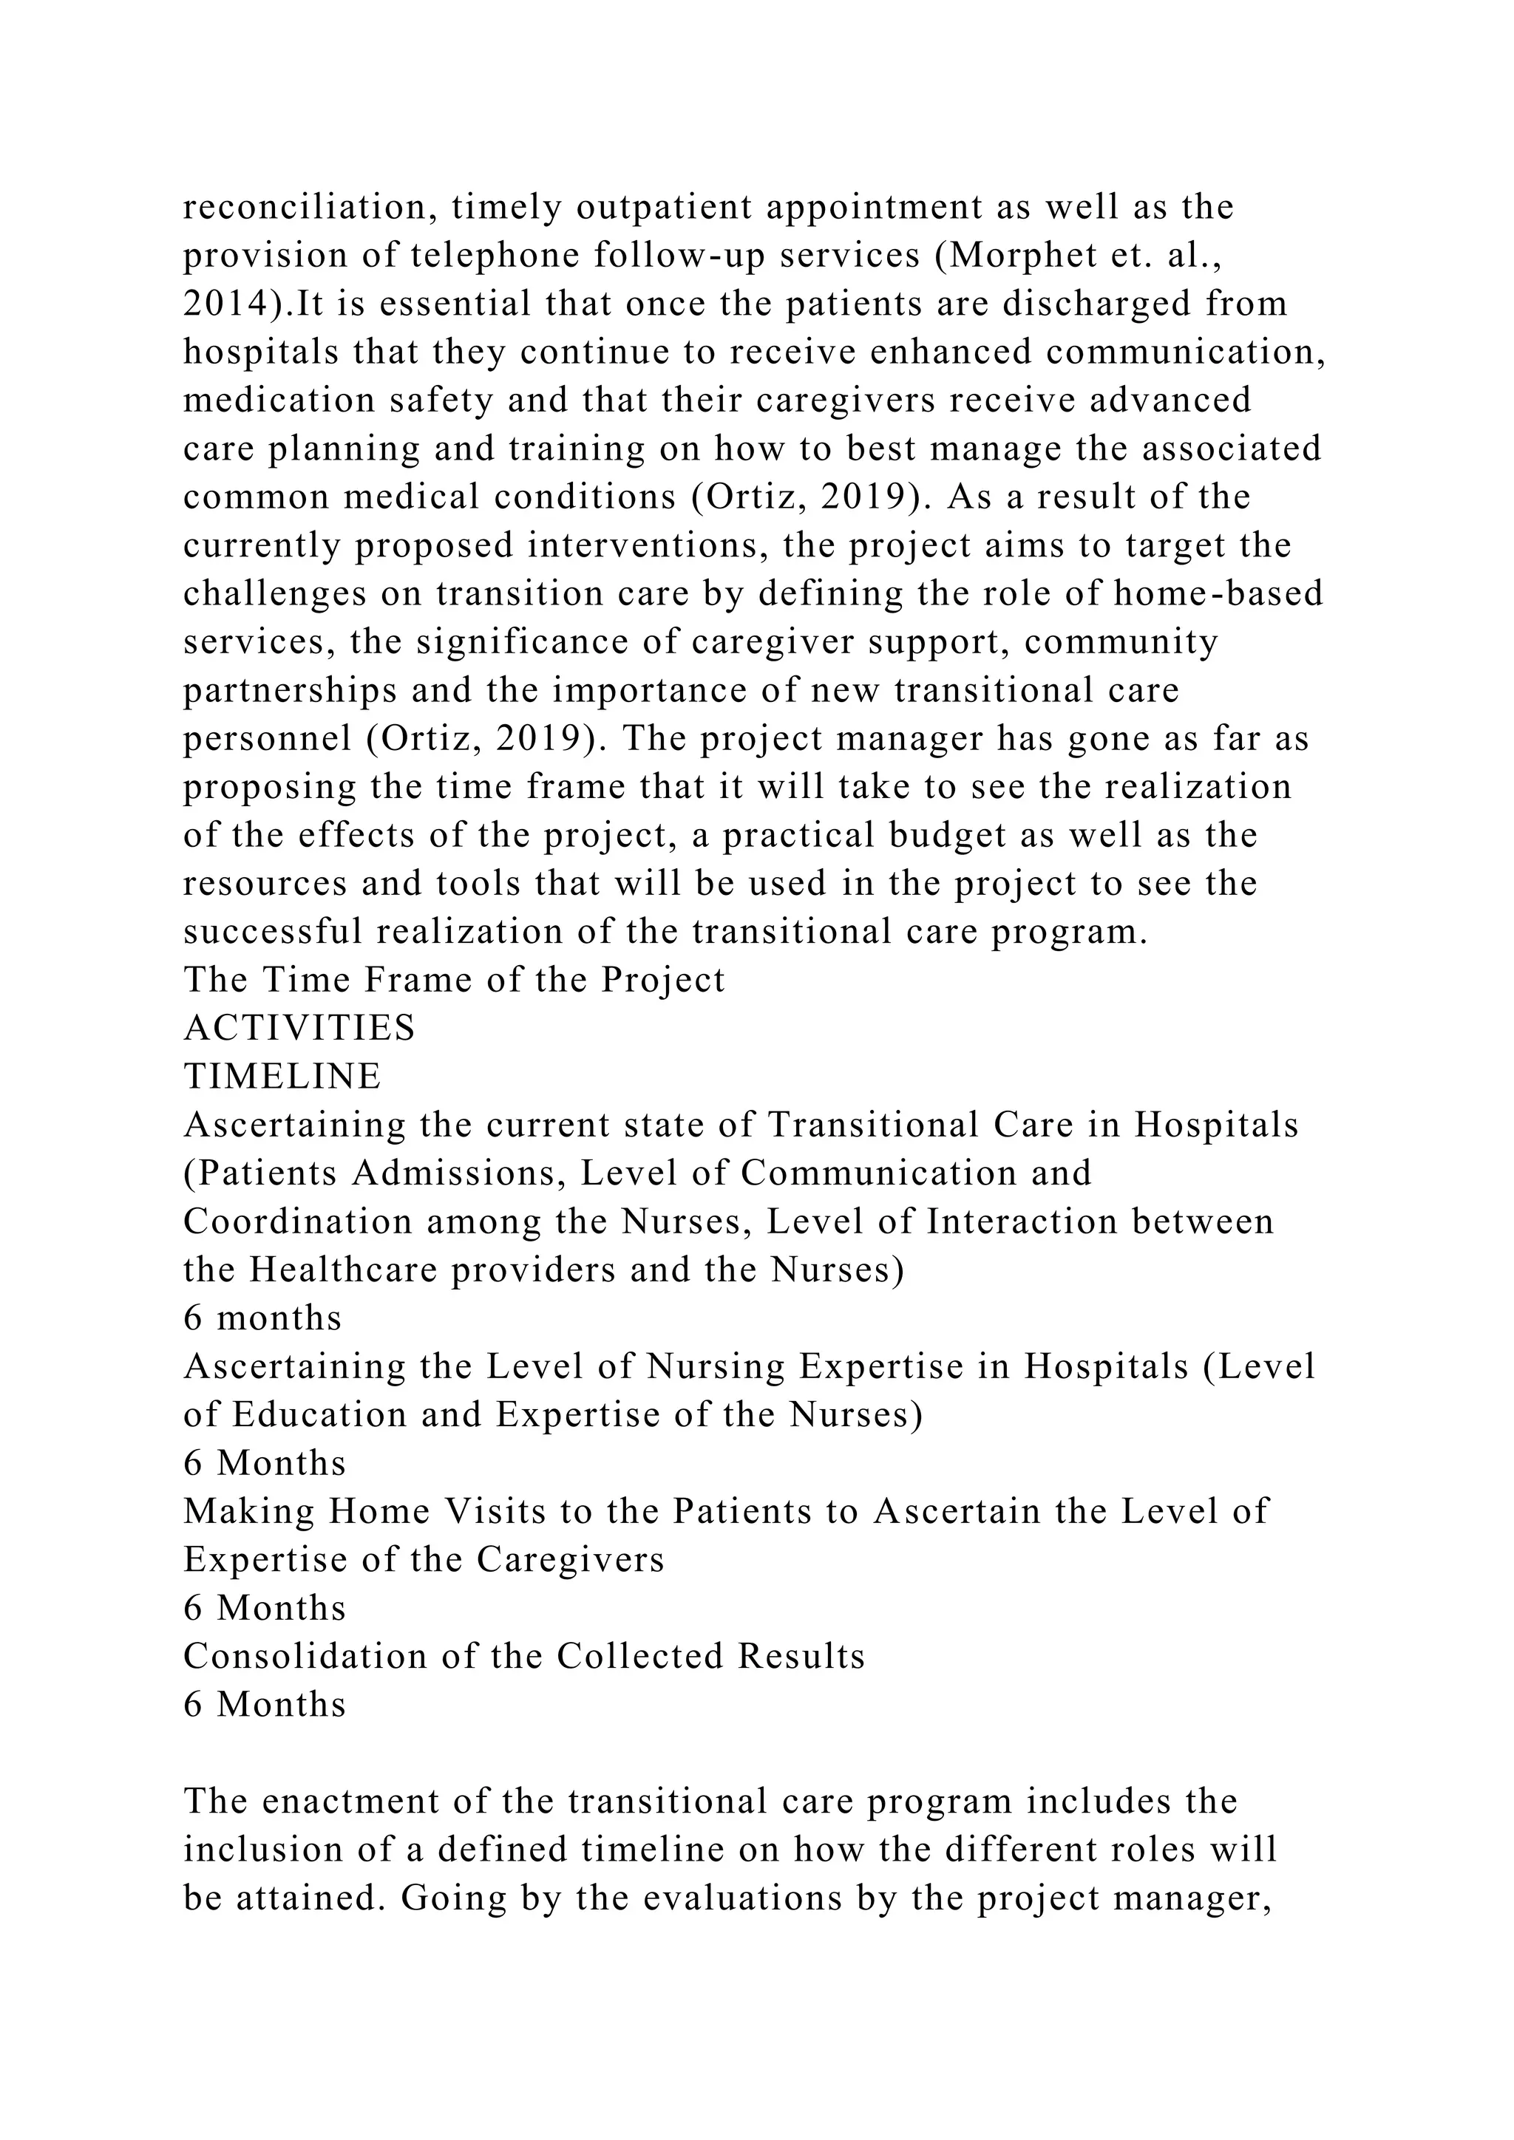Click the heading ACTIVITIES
tap(299, 1028)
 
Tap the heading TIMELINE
tap(282, 1077)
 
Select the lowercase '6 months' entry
tap(263, 1318)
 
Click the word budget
tap(943, 835)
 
